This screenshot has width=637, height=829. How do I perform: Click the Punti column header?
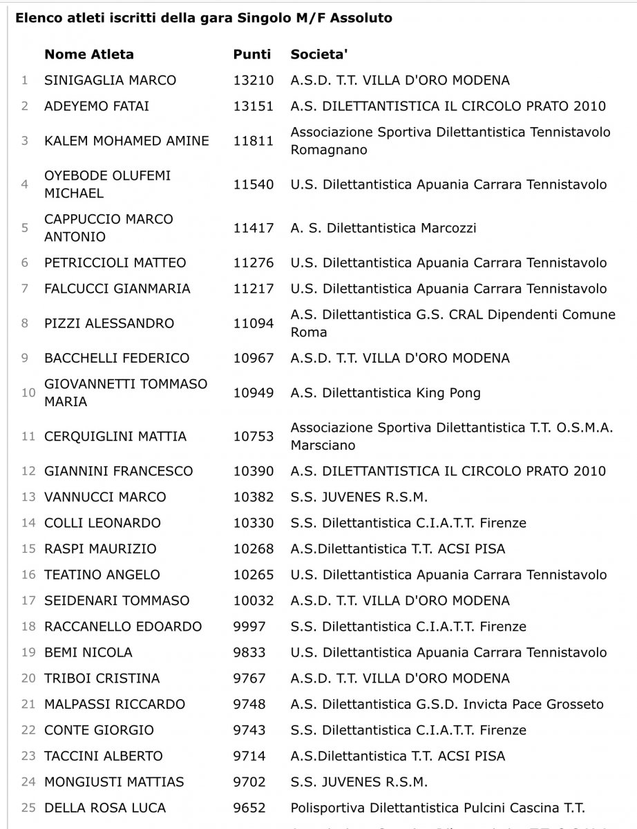pyautogui.click(x=252, y=54)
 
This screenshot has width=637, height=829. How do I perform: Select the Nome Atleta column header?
pyautogui.click(x=89, y=54)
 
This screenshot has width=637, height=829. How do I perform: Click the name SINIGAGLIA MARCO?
pyautogui.click(x=110, y=80)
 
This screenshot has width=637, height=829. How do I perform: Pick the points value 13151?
pyautogui.click(x=254, y=106)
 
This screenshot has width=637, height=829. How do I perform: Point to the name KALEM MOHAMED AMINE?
pyautogui.click(x=126, y=141)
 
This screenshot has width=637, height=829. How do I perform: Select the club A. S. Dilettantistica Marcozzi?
pyautogui.click(x=383, y=228)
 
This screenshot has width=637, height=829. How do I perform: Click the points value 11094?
pyautogui.click(x=254, y=323)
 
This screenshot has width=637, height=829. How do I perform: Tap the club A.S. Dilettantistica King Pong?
pyautogui.click(x=386, y=393)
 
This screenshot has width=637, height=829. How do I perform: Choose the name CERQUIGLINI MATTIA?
pyautogui.click(x=115, y=437)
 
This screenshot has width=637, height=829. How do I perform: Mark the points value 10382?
pyautogui.click(x=254, y=497)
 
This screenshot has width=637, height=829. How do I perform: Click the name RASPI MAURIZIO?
pyautogui.click(x=100, y=549)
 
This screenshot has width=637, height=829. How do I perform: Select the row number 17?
pyautogui.click(x=28, y=600)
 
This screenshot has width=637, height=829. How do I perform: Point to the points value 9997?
pyautogui.click(x=249, y=627)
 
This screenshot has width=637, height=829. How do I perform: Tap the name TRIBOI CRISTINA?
pyautogui.click(x=102, y=678)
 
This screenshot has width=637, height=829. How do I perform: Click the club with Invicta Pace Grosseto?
pyautogui.click(x=447, y=704)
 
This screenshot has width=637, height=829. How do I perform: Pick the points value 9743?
pyautogui.click(x=249, y=730)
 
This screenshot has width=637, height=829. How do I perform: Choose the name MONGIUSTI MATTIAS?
pyautogui.click(x=114, y=782)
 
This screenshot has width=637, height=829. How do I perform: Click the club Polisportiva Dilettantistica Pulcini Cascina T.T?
pyautogui.click(x=437, y=808)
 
